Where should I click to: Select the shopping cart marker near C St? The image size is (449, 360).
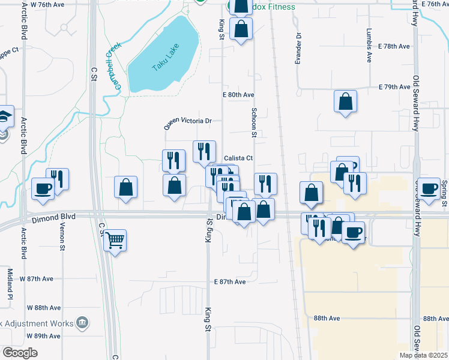[x=115, y=240]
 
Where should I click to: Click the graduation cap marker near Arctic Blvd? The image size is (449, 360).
[x=4, y=115]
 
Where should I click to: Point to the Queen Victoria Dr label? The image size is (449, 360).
[x=188, y=123]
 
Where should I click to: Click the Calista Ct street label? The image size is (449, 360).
[x=238, y=158]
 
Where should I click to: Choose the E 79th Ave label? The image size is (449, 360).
[x=394, y=87]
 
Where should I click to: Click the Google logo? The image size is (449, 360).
[x=20, y=353]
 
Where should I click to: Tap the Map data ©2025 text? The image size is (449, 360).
[x=423, y=355]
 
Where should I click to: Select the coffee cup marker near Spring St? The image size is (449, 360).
[x=430, y=188]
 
